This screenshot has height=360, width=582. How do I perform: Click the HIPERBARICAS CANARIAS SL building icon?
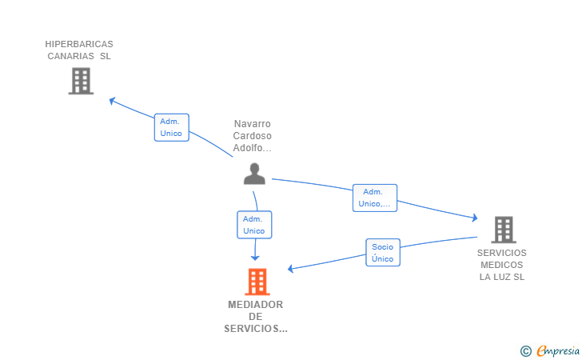point(81,81)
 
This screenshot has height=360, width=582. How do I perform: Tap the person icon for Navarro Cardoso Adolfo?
point(254,174)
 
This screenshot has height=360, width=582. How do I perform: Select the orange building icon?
point(257,282)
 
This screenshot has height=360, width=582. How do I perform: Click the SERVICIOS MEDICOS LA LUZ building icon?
point(504,230)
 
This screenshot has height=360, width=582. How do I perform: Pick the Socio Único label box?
point(383,253)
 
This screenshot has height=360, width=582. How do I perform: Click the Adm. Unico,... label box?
point(374,198)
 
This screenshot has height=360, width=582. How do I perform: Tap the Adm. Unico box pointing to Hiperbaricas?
point(171,127)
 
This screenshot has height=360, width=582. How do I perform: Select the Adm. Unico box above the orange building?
point(254,225)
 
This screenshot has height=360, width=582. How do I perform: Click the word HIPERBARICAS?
point(79,44)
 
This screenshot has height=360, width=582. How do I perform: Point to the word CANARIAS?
point(70,56)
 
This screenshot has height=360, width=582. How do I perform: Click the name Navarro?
point(253,124)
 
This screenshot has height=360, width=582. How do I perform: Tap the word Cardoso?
point(253,136)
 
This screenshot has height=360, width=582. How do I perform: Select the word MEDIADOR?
point(255,305)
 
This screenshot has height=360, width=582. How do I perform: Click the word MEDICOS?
point(502,265)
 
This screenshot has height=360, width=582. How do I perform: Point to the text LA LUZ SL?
point(502,277)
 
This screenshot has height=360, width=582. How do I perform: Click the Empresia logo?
point(558,350)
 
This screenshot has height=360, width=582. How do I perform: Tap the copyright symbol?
point(526,351)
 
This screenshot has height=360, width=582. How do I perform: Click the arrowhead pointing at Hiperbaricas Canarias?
point(112,101)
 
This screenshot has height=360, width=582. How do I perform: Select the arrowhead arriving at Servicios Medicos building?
point(475,218)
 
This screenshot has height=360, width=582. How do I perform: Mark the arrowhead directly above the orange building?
point(255,258)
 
